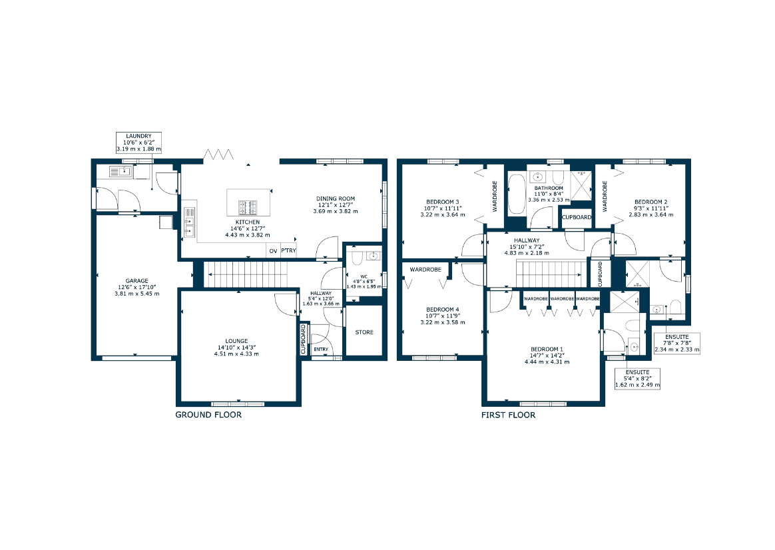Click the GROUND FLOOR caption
(208, 415)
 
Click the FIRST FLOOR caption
(508, 415)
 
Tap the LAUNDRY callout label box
(139, 142)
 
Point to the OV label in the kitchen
(274, 251)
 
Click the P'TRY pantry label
(289, 250)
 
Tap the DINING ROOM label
(336, 198)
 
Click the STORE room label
(364, 332)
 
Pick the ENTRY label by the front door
(321, 350)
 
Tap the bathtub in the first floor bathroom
(517, 194)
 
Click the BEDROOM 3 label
(443, 202)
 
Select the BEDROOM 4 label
(443, 310)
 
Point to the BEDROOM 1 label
(547, 349)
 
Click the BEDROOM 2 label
(651, 202)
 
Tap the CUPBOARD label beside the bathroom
(577, 218)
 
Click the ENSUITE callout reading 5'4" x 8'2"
(638, 378)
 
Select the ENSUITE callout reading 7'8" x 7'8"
(677, 343)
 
